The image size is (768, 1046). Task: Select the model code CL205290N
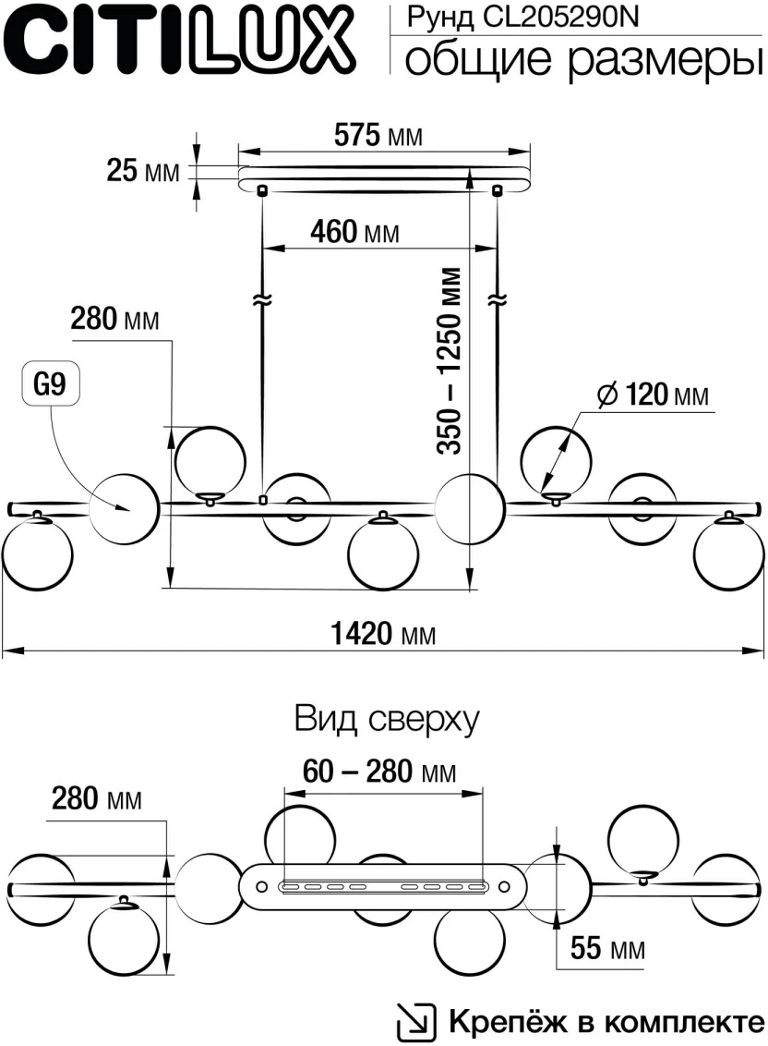[x=562, y=16]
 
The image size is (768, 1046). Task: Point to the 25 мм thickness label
[x=142, y=171]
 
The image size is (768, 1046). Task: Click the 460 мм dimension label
[x=354, y=233]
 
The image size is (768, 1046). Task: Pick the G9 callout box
[x=50, y=386]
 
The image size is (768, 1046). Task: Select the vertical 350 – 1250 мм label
[x=450, y=360]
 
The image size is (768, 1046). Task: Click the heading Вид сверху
[x=387, y=719]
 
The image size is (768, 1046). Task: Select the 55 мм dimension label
[x=606, y=948]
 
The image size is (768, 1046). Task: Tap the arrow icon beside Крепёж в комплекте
[x=415, y=1022]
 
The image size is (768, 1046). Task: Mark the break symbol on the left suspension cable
[x=261, y=300]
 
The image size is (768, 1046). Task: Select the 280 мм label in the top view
[x=96, y=798]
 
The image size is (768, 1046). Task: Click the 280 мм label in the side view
[x=114, y=320]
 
